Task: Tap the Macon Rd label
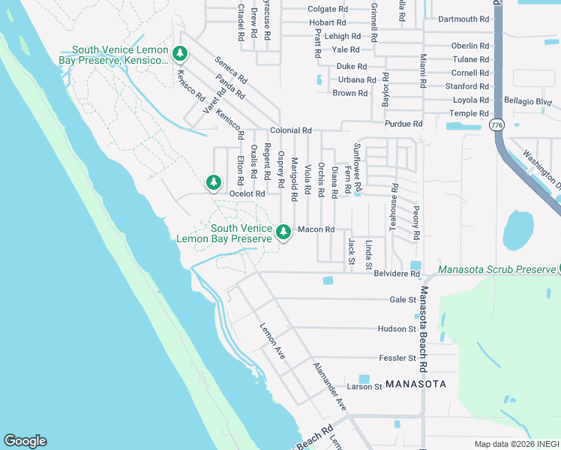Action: (x=315, y=229)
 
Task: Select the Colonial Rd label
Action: (x=290, y=130)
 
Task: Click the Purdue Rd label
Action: (x=403, y=124)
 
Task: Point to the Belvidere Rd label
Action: (x=396, y=274)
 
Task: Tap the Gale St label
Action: (x=403, y=299)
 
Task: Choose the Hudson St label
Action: (x=397, y=329)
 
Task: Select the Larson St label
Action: (x=364, y=387)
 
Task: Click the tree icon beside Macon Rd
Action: (x=283, y=232)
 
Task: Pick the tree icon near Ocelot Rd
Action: (x=214, y=181)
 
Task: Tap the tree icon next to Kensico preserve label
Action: (x=179, y=53)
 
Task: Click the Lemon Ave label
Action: (x=272, y=340)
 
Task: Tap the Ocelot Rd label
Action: (x=247, y=193)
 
